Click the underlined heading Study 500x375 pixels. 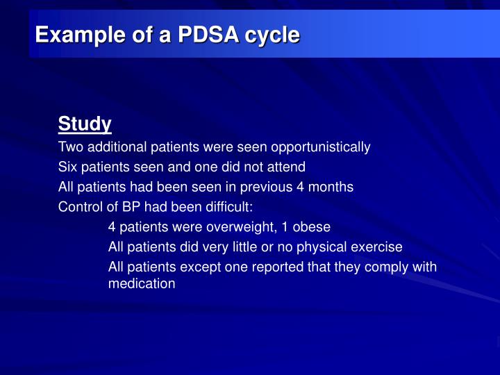tap(85, 124)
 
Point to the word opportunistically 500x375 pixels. tap(321, 147)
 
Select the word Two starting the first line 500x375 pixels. tap(70, 147)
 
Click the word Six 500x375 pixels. tap(67, 167)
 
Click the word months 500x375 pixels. tap(330, 187)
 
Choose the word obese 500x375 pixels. tap(312, 227)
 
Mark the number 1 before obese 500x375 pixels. tap(285, 227)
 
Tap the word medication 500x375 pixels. tap(142, 283)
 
